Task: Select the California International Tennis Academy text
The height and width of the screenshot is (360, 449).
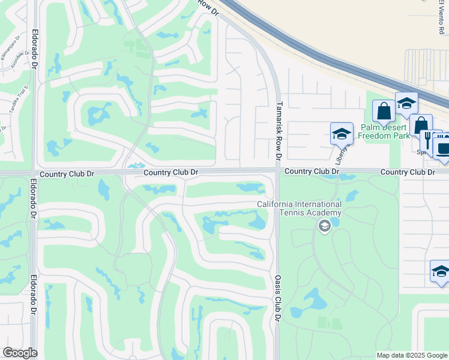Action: [299, 208]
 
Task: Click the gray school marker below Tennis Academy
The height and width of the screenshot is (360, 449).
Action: [325, 226]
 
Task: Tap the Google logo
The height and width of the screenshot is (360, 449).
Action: [20, 353]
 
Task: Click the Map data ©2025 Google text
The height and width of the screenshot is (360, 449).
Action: [412, 355]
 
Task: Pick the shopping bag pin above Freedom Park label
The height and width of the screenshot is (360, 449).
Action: [384, 112]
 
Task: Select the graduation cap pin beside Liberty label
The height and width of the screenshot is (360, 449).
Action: [341, 134]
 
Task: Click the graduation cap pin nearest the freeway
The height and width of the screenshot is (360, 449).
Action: [406, 103]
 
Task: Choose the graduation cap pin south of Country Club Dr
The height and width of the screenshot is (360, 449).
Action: [441, 272]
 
